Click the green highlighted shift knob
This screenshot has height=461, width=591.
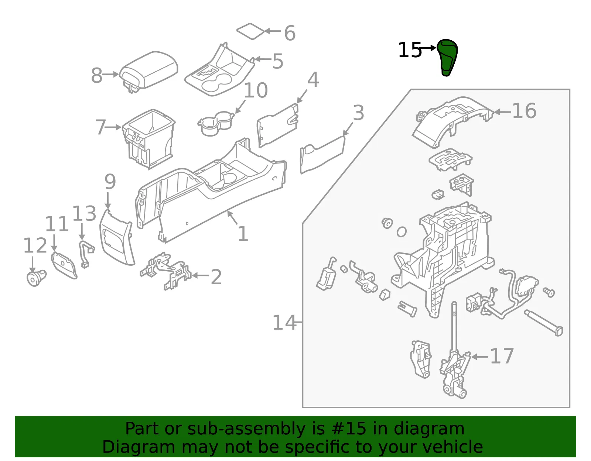pyautogui.click(x=447, y=57)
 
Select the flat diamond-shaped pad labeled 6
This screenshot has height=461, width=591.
pyautogui.click(x=250, y=31)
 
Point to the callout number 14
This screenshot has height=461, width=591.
pyautogui.click(x=284, y=323)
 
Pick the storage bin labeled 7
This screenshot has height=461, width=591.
pyautogui.click(x=148, y=138)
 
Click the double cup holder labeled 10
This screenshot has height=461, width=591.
pyautogui.click(x=216, y=123)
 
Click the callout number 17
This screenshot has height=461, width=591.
pyautogui.click(x=502, y=357)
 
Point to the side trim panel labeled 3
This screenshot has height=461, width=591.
pyautogui.click(x=322, y=155)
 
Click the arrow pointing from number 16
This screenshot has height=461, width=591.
pyautogui.click(x=503, y=111)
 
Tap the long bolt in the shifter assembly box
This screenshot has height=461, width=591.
pyautogui.click(x=543, y=323)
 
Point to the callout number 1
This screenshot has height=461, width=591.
pyautogui.click(x=243, y=234)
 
